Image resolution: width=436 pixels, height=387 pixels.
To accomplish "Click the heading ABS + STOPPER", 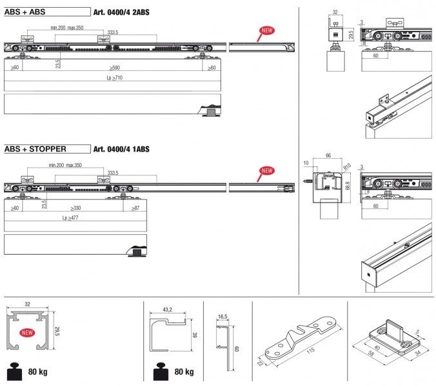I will point(35,149).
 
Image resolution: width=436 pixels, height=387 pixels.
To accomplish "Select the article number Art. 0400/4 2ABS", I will point(121,12).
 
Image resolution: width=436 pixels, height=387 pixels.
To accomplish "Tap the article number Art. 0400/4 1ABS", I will point(121,149).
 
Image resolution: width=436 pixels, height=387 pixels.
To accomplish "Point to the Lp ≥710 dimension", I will point(114,77).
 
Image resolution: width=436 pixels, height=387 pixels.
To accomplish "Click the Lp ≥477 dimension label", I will point(75,218).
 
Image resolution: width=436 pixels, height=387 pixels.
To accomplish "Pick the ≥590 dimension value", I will point(114,67).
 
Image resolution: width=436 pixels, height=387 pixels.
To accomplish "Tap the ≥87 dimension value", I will point(135,208).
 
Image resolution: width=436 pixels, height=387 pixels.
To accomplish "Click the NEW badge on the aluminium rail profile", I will point(27,333).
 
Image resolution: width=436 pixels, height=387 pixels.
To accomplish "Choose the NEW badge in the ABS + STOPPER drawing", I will point(266,171).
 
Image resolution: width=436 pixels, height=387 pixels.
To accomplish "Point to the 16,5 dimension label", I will point(223,317).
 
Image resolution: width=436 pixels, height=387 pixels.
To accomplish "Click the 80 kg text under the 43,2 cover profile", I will point(183,372).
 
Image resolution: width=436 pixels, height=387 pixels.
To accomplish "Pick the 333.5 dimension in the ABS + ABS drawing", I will point(113,31).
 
